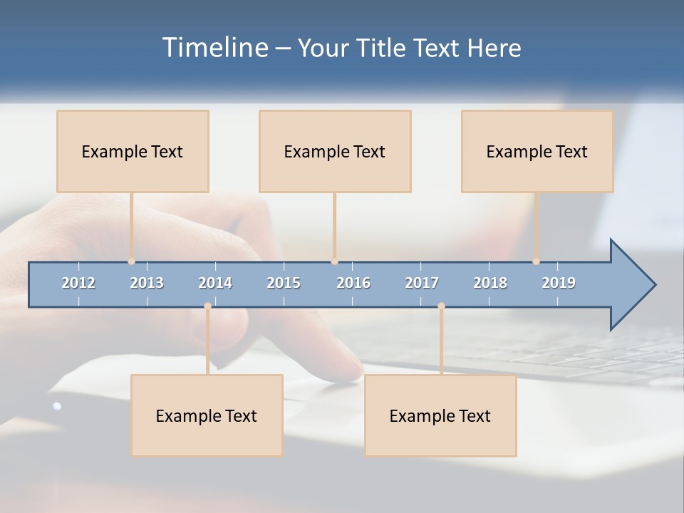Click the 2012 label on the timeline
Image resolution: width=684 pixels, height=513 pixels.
coord(78,283)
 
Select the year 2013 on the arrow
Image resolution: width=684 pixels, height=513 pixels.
coord(147,283)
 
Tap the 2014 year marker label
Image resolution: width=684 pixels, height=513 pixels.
coord(215,283)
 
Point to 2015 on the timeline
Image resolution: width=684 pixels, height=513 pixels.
coord(284,283)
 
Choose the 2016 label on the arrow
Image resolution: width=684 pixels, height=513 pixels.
coord(353,283)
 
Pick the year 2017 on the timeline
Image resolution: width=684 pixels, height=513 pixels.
coord(422,283)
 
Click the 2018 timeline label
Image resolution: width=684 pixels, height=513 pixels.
coord(490,283)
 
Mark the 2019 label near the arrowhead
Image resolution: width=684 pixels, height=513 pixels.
coord(559,283)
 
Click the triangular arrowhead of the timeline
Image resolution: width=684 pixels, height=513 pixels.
coord(631,285)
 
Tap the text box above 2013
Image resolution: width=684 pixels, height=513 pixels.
coord(133,151)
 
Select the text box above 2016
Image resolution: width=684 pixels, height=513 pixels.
coord(335,151)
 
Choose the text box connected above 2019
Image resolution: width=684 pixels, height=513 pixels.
coord(537,151)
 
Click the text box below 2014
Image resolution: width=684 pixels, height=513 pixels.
coord(207,415)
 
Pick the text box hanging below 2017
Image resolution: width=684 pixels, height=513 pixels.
coord(440,415)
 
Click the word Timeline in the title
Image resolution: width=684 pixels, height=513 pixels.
coord(213,48)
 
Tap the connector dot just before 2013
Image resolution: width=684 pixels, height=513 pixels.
coord(132,261)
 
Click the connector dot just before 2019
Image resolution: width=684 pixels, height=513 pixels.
coord(537,261)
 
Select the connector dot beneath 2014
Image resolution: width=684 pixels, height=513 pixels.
coord(207,306)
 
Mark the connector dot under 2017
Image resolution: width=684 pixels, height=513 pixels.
coord(441,306)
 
